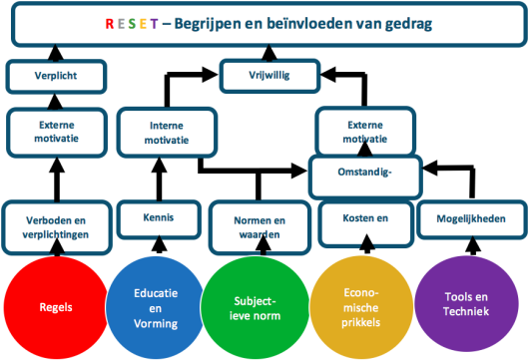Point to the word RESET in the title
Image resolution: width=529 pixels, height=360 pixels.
tap(138, 23)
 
